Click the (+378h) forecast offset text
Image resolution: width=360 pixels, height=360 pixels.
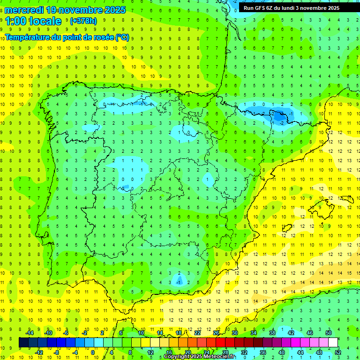coord(83,21)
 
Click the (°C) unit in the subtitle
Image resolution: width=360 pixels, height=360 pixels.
coord(122,38)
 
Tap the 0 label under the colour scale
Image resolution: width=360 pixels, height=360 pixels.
coord(93,352)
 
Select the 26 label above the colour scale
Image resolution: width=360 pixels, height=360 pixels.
coord(216,333)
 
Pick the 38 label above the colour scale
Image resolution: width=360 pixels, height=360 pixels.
coord(272,333)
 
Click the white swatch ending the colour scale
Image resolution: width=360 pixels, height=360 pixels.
coord(333,343)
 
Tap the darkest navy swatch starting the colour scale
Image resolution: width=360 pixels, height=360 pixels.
coord(23,343)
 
